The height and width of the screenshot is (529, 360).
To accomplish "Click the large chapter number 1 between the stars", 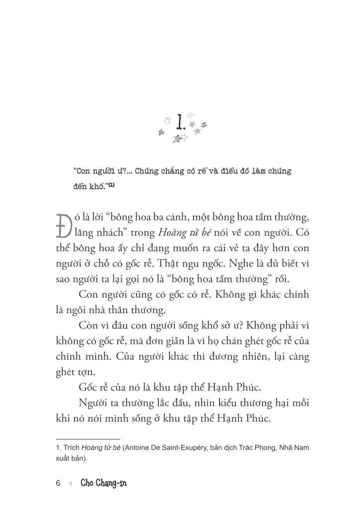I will pyautogui.click(x=181, y=121).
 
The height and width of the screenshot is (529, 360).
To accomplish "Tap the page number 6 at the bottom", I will pyautogui.click(x=59, y=483).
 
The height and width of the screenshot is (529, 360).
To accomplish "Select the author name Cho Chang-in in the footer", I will pyautogui.click(x=103, y=483).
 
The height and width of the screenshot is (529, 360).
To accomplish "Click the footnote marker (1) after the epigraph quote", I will pyautogui.click(x=112, y=185).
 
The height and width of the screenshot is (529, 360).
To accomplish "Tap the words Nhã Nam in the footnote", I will pyautogui.click(x=297, y=448).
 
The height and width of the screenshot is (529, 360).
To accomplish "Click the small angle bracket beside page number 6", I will pyautogui.click(x=71, y=483).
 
